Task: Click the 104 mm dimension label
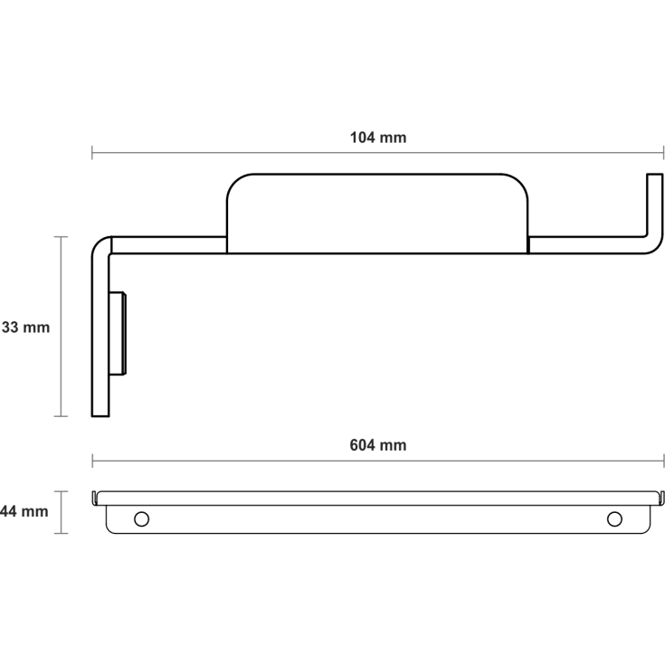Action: click(378, 138)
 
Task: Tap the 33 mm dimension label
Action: click(25, 328)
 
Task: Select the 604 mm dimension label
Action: click(378, 445)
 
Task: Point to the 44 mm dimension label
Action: click(24, 511)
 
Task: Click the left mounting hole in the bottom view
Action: click(141, 518)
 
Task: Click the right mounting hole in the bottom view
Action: click(614, 518)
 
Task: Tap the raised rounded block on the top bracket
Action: click(377, 214)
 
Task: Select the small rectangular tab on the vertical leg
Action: click(118, 333)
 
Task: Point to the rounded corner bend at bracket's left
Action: click(100, 246)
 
